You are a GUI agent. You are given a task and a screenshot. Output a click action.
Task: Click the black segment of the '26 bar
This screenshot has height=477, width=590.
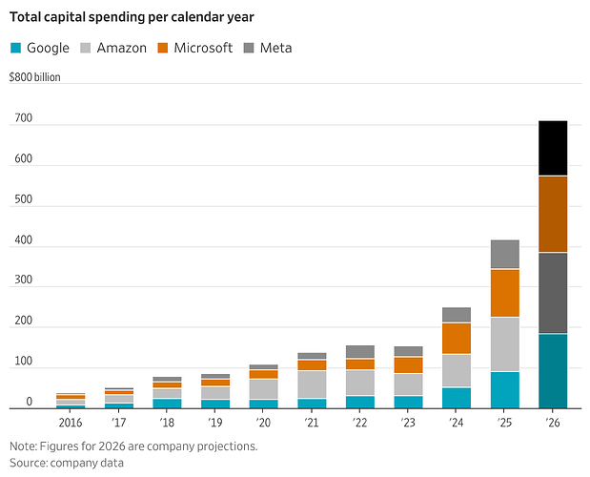coord(553,148)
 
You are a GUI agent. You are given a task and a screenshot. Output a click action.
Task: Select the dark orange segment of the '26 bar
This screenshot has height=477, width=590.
coord(553,214)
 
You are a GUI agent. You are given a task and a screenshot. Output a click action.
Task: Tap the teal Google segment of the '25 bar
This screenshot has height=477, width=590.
coord(505,389)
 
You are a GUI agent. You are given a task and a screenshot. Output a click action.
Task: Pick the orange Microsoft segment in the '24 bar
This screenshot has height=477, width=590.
coord(457,338)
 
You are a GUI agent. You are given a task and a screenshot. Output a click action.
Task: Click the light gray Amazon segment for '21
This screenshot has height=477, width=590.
coord(312,384)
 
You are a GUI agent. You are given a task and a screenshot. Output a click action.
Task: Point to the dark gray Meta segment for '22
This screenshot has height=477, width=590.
coord(360,351)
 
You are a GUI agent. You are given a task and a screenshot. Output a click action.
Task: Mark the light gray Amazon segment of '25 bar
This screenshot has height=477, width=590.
coord(505,344)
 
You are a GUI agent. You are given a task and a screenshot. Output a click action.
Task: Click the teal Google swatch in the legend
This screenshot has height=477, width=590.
coord(15,48)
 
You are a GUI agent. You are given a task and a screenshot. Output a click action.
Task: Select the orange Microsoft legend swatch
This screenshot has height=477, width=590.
coord(163,48)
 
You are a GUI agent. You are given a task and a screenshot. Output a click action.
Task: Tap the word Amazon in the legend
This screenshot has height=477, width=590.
coord(122,48)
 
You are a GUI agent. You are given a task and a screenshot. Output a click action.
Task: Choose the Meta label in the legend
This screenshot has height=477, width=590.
coord(275,48)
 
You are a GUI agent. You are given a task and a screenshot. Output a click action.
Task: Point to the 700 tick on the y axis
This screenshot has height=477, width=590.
coord(23,118)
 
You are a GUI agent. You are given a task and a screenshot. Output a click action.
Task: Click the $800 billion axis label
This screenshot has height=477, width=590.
coord(34,77)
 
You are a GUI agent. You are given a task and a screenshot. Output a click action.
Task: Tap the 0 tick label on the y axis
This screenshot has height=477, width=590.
coord(29,402)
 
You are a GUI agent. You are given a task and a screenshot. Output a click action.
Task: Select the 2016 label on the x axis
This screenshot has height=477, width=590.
coord(71,423)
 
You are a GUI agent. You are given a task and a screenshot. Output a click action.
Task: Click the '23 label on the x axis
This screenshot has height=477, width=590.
coord(408,423)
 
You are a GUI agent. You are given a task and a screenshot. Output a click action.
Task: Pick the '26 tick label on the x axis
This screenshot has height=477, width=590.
coord(553,423)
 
